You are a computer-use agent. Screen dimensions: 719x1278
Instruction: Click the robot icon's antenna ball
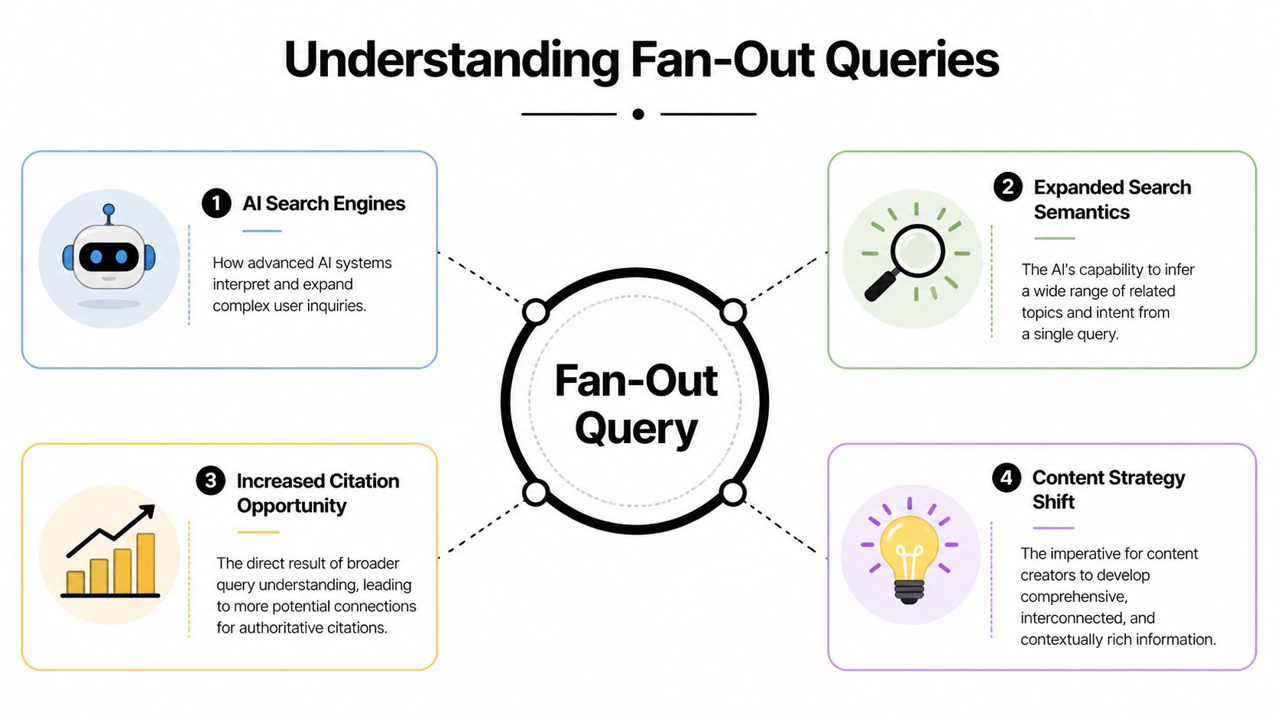click(x=109, y=209)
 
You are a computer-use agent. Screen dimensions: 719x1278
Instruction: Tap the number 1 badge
click(x=216, y=203)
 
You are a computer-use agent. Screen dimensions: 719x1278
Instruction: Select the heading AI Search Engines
click(x=323, y=203)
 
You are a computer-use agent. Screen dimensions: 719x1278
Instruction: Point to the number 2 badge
click(x=1007, y=187)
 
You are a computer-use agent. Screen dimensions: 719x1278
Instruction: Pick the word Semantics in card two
click(x=1081, y=212)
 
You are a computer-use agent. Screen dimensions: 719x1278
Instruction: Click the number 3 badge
click(x=210, y=481)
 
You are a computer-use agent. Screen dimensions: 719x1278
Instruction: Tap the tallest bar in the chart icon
click(x=145, y=563)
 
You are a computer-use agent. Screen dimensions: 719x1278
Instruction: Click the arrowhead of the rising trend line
click(x=148, y=511)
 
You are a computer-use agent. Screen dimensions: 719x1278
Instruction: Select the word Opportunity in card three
click(x=291, y=506)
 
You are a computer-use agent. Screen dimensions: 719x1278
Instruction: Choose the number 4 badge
click(x=1006, y=478)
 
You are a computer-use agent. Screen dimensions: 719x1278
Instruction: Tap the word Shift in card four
click(x=1053, y=502)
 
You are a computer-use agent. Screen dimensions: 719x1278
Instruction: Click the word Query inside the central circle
click(x=636, y=429)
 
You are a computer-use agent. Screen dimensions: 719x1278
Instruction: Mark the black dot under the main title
click(x=638, y=114)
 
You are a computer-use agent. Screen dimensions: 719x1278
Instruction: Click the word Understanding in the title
click(x=451, y=60)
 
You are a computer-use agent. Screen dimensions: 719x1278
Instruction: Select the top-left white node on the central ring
click(x=536, y=312)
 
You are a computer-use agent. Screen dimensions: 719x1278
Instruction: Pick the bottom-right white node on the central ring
click(x=732, y=493)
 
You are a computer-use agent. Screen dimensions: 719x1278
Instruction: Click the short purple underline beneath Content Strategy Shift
click(x=1053, y=528)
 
